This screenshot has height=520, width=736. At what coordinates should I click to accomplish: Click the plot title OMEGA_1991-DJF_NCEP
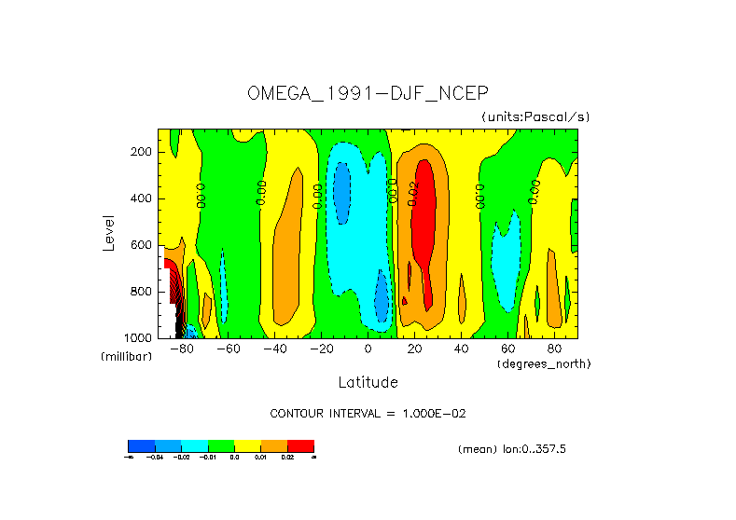(368, 93)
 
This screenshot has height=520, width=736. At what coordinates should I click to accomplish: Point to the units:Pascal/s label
(535, 117)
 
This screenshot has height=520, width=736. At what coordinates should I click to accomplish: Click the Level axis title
(109, 232)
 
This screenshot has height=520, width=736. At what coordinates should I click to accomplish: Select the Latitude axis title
(368, 382)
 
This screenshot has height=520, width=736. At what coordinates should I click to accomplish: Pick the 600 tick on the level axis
(142, 245)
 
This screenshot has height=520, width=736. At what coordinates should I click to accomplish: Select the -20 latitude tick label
(318, 349)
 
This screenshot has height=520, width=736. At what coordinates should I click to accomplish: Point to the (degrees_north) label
(544, 363)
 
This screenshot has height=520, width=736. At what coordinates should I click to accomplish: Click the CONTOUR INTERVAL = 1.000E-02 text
(368, 413)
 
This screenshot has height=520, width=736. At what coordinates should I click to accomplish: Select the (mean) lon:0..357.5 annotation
(512, 449)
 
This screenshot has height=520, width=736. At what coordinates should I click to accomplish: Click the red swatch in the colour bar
(300, 445)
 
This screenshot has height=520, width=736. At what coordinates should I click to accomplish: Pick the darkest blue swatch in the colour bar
(141, 445)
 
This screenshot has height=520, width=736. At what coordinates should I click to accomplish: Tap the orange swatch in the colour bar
(274, 445)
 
